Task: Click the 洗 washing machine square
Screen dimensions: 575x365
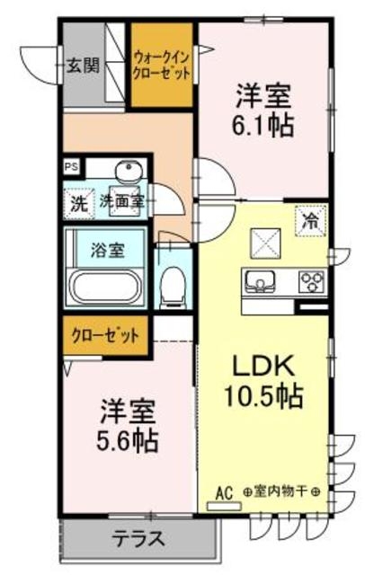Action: tap(79, 202)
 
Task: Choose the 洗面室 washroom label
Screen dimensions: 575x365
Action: tap(121, 201)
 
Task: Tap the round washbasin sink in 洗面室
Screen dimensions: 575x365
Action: tap(127, 172)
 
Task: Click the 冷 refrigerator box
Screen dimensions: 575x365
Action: tap(309, 217)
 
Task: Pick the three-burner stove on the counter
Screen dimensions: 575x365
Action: tap(311, 282)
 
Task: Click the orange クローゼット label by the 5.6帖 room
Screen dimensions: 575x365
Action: tap(106, 337)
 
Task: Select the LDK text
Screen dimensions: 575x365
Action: tap(263, 367)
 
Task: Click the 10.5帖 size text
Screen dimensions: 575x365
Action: tap(263, 395)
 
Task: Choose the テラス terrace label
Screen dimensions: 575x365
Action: tap(138, 540)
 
